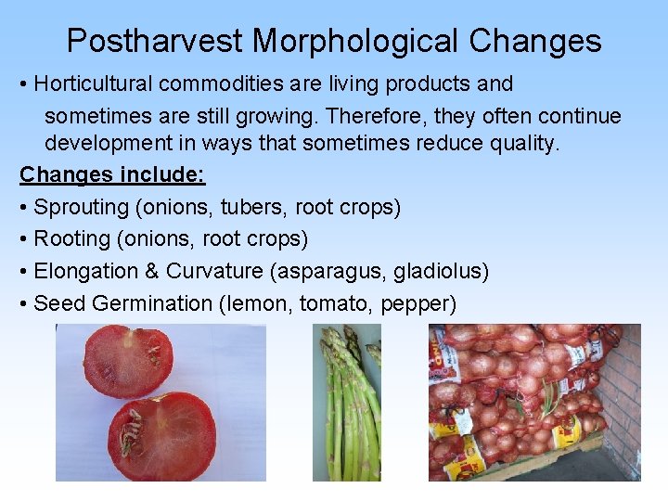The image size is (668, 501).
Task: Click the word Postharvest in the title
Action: [154, 41]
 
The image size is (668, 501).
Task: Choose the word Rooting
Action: [71, 238]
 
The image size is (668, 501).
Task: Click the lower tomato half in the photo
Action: [162, 434]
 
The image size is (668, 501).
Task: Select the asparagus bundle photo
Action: [347, 404]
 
